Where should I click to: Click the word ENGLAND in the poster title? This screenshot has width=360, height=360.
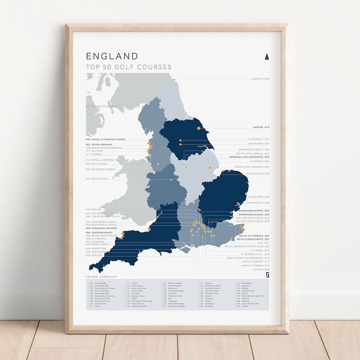(x=112, y=56)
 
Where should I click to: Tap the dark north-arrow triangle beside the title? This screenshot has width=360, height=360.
(x=266, y=56)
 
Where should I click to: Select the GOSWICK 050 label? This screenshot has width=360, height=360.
(x=261, y=79)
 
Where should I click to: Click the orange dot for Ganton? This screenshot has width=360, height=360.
(x=199, y=128)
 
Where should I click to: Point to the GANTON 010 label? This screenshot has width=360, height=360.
(x=261, y=127)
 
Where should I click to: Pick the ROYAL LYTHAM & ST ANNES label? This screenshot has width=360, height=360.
(x=105, y=140)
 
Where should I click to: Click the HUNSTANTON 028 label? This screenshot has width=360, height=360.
(x=258, y=173)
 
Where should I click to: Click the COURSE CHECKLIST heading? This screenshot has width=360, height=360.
(x=101, y=277)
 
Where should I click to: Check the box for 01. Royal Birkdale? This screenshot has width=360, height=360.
(x=90, y=283)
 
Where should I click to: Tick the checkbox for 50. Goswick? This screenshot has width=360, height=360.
(x=236, y=306)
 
